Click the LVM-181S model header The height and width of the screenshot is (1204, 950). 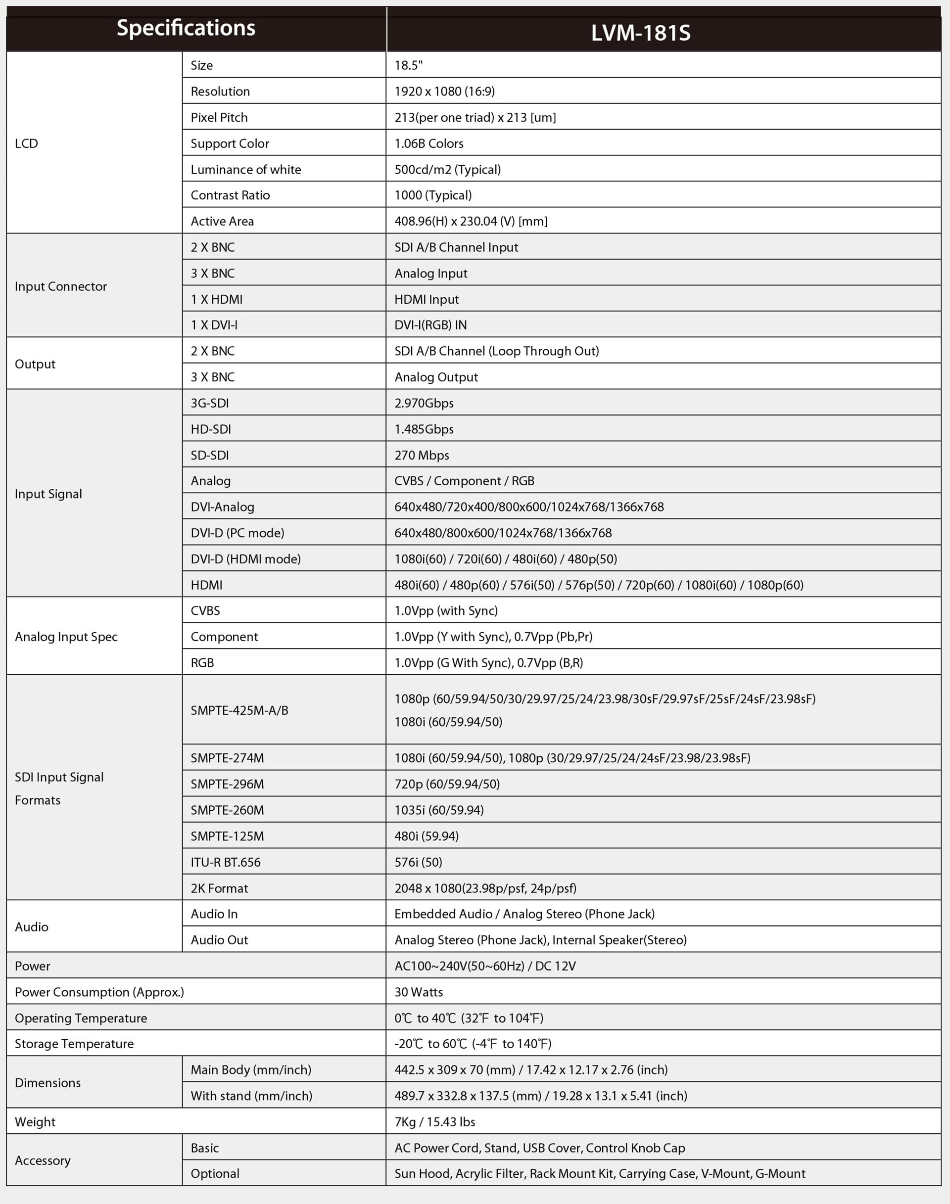pyautogui.click(x=640, y=33)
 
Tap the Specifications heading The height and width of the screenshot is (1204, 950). pyautogui.click(x=186, y=28)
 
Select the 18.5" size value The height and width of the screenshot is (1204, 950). pyautogui.click(x=408, y=66)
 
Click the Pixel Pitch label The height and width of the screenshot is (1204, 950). pyautogui.click(x=219, y=117)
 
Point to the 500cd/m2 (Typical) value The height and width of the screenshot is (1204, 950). pyautogui.click(x=447, y=170)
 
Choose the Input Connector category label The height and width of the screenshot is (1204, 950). pyautogui.click(x=61, y=286)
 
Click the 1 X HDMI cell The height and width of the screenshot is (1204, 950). pyautogui.click(x=216, y=299)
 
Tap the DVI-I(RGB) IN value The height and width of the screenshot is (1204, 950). pyautogui.click(x=430, y=325)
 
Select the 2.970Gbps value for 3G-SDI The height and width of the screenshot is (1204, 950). pyautogui.click(x=424, y=403)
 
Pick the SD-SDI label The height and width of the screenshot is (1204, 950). pyautogui.click(x=210, y=455)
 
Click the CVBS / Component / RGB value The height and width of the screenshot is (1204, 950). pyautogui.click(x=464, y=481)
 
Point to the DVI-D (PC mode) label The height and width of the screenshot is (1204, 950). pyautogui.click(x=237, y=533)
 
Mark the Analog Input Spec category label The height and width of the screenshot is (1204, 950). pyautogui.click(x=66, y=637)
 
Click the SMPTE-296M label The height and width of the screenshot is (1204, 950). pyautogui.click(x=227, y=784)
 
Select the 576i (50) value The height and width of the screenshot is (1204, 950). pyautogui.click(x=418, y=862)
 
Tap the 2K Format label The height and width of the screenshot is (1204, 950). pyautogui.click(x=219, y=888)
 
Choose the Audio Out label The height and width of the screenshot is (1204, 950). pyautogui.click(x=219, y=940)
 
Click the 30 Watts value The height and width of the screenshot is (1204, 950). pyautogui.click(x=418, y=992)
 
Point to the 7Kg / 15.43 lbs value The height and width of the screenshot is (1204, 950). pyautogui.click(x=434, y=1122)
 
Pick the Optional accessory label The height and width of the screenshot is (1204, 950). pyautogui.click(x=215, y=1173)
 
